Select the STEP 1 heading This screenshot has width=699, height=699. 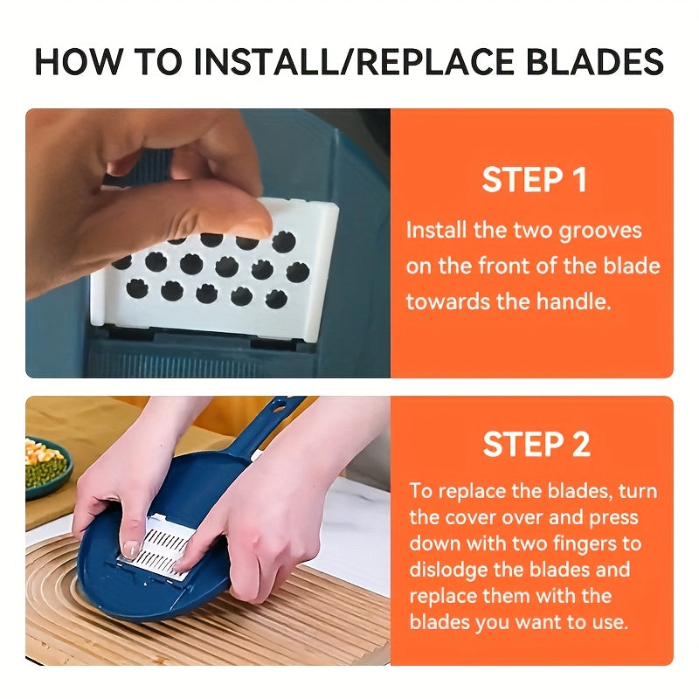click(534, 180)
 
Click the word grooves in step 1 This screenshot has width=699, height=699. click(599, 232)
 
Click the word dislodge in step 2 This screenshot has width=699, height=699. click(447, 571)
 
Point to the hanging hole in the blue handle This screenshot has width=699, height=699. click(279, 406)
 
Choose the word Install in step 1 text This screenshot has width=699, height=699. click(436, 232)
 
